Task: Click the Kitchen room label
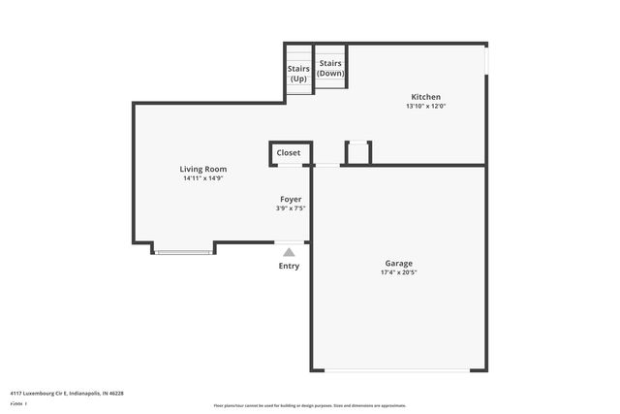pyautogui.click(x=426, y=97)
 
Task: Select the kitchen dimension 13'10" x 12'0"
pyautogui.click(x=426, y=107)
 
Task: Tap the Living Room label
pyautogui.click(x=202, y=169)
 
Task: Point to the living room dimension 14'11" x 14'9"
pyautogui.click(x=202, y=178)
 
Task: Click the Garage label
pyautogui.click(x=399, y=263)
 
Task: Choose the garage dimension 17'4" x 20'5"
pyautogui.click(x=399, y=272)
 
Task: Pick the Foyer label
pyautogui.click(x=291, y=199)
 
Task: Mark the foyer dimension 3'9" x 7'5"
pyautogui.click(x=291, y=207)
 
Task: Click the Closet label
pyautogui.click(x=289, y=153)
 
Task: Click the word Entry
pyautogui.click(x=289, y=266)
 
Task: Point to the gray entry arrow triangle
pyautogui.click(x=289, y=252)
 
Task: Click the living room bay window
pyautogui.click(x=184, y=252)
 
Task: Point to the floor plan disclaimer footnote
pyautogui.click(x=309, y=405)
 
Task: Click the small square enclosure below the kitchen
pyautogui.click(x=358, y=153)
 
